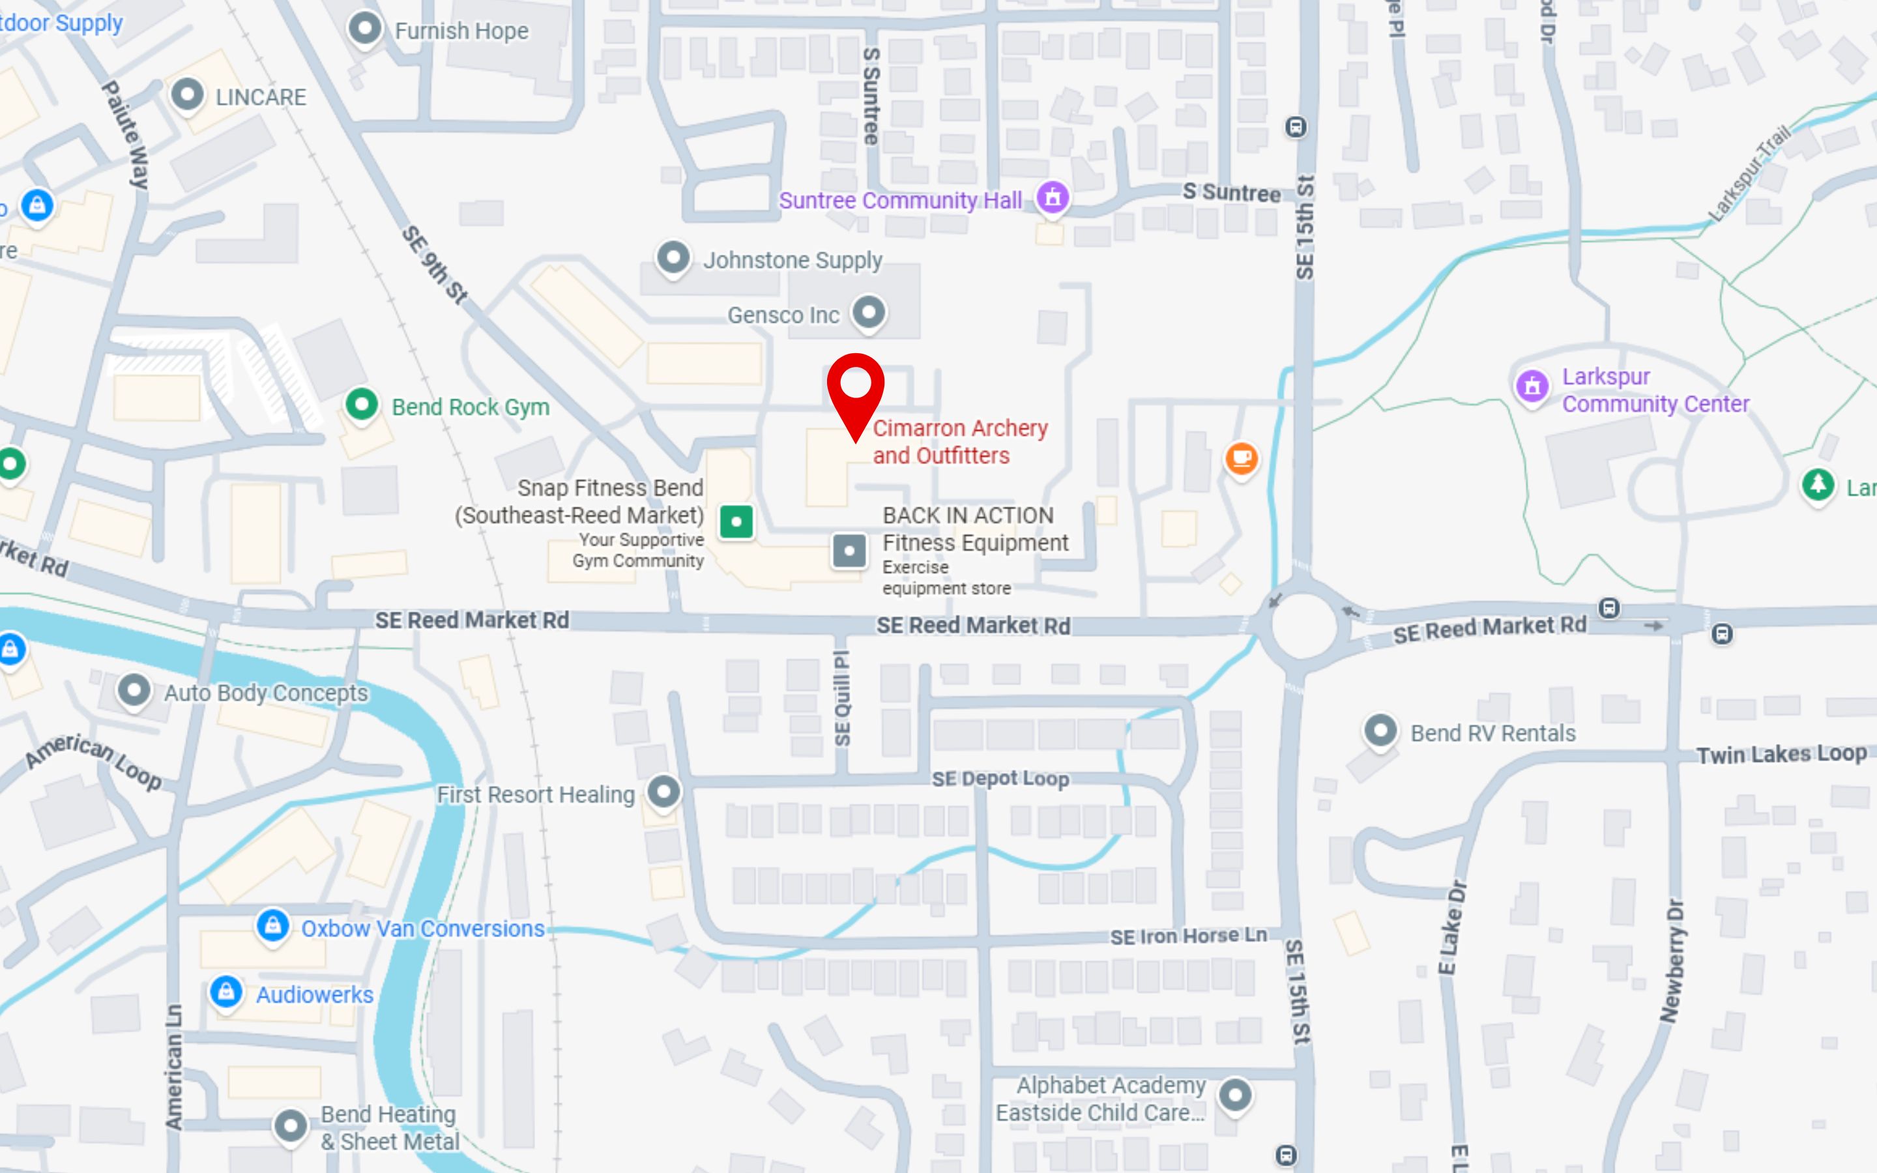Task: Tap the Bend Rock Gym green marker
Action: pyautogui.click(x=362, y=404)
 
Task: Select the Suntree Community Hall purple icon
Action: pyautogui.click(x=1053, y=197)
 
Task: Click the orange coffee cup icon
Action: pyautogui.click(x=1241, y=457)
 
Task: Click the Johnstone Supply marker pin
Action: pyautogui.click(x=673, y=257)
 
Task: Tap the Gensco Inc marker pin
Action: pyautogui.click(x=869, y=313)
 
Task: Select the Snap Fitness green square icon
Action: pyautogui.click(x=736, y=521)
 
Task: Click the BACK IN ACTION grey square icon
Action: pyautogui.click(x=849, y=551)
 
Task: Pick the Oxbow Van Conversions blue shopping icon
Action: pyautogui.click(x=273, y=925)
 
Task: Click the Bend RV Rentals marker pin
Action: pyautogui.click(x=1380, y=731)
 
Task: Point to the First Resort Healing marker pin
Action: pyautogui.click(x=664, y=792)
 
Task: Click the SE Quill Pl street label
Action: pyautogui.click(x=841, y=698)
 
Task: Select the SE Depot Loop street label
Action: pyautogui.click(x=1000, y=778)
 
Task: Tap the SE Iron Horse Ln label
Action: pyautogui.click(x=1187, y=936)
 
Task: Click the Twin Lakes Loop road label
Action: pyautogui.click(x=1781, y=754)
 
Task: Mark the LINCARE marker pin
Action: pyautogui.click(x=187, y=95)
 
